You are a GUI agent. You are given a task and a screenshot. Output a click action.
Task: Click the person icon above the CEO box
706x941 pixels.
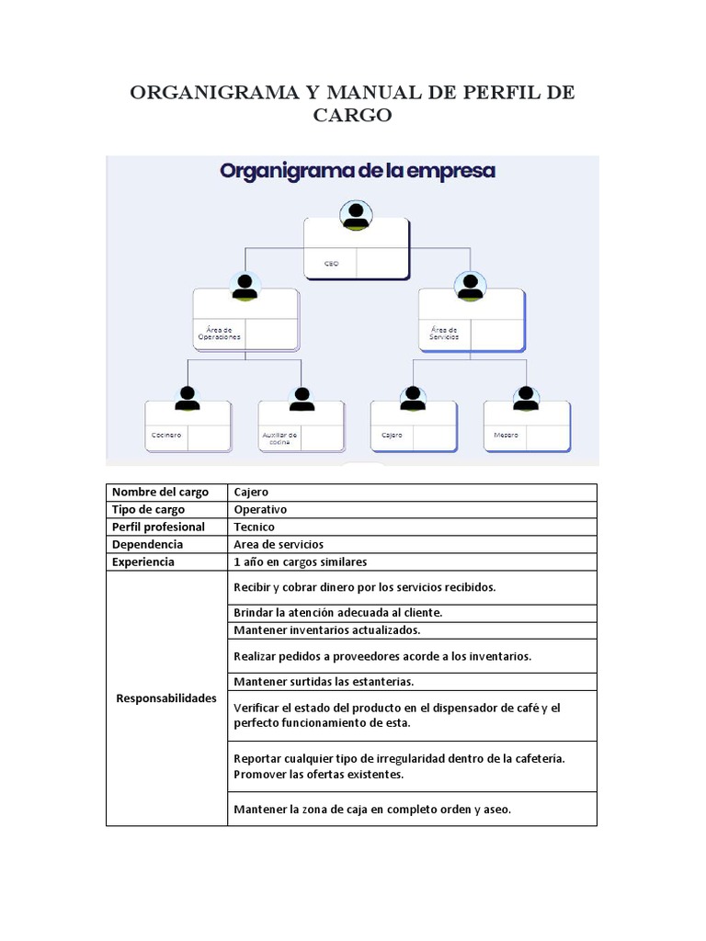(356, 216)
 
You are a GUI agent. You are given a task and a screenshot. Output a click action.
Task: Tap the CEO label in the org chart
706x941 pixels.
(331, 264)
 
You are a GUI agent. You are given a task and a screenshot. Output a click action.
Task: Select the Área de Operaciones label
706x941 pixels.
(219, 334)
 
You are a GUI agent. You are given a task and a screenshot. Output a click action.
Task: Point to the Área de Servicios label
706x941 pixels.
(444, 334)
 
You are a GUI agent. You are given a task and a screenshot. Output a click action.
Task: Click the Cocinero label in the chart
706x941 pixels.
(166, 435)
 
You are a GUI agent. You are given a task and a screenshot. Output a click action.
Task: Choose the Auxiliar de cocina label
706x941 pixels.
(279, 437)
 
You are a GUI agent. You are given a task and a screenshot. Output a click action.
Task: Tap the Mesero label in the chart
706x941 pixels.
(506, 435)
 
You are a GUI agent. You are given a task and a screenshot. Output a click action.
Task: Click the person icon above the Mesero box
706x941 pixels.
(526, 398)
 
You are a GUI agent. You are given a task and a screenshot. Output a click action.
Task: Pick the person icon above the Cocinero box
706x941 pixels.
(188, 398)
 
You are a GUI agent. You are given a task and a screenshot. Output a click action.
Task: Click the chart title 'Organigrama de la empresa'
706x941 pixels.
(358, 171)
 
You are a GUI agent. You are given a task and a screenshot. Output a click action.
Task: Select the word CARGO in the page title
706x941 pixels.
(353, 116)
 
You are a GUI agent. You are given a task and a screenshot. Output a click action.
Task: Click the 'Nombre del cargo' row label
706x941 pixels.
(160, 493)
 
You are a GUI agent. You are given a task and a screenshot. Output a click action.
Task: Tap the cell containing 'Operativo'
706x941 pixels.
(261, 510)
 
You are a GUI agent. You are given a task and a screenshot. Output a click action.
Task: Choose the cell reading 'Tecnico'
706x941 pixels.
(255, 527)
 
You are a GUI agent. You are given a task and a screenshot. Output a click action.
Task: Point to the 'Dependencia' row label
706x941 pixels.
(147, 545)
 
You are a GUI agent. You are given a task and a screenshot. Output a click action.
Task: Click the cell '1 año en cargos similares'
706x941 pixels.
(300, 562)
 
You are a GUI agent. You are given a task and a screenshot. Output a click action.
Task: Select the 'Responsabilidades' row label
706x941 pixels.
(166, 698)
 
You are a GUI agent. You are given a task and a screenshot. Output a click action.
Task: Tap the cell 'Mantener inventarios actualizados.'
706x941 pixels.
(327, 630)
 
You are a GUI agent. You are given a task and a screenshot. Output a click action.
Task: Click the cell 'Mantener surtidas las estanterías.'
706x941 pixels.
(324, 682)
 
